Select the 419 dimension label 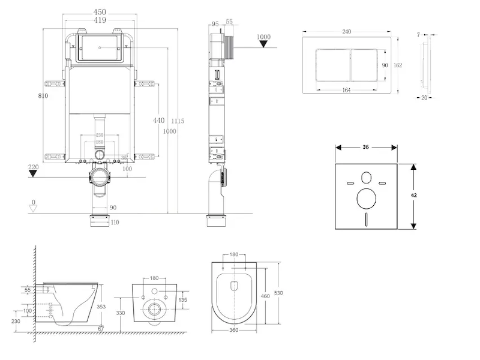coord(100,20)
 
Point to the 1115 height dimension coord(178,121)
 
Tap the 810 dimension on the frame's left coord(43,95)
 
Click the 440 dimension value coord(158,121)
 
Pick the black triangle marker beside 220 coord(34,174)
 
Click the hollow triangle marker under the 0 coord(34,208)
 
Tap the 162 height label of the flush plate coord(397,65)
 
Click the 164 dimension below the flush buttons coord(346,91)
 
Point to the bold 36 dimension coord(365,146)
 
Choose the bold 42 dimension coord(413,196)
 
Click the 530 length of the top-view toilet coord(278,292)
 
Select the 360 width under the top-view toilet coord(234,330)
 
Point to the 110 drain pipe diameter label coord(115,223)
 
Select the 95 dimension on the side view coord(214,24)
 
